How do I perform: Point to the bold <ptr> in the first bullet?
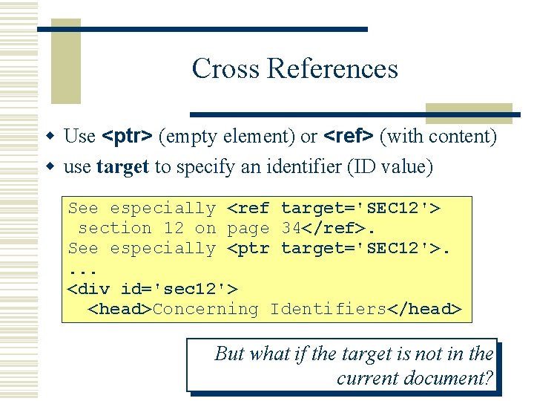tap(127, 137)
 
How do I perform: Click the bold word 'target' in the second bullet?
tap(122, 167)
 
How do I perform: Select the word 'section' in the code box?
tap(115, 229)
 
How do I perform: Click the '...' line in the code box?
tap(83, 269)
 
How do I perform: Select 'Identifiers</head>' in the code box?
tap(366, 309)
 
